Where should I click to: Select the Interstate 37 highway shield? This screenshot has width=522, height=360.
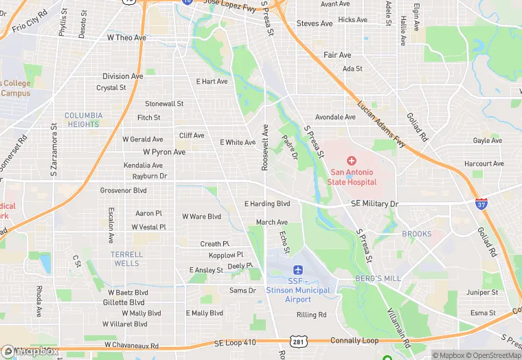point(481,204)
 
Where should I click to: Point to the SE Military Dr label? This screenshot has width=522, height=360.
point(374,204)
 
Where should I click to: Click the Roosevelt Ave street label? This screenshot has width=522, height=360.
point(264,148)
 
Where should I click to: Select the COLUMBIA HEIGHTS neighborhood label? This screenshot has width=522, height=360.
point(84,120)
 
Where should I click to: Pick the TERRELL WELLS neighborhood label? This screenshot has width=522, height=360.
point(127,258)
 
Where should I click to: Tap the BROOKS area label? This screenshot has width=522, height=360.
point(416,234)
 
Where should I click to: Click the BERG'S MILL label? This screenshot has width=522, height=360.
point(377,278)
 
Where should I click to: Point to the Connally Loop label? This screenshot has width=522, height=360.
point(354,341)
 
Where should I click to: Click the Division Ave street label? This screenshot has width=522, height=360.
point(123,76)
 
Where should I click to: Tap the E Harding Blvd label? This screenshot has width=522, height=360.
point(267,203)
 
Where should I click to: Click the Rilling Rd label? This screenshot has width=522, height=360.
point(311,315)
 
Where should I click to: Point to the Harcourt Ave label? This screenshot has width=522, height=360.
point(484,164)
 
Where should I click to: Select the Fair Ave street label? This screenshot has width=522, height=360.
point(337,55)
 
